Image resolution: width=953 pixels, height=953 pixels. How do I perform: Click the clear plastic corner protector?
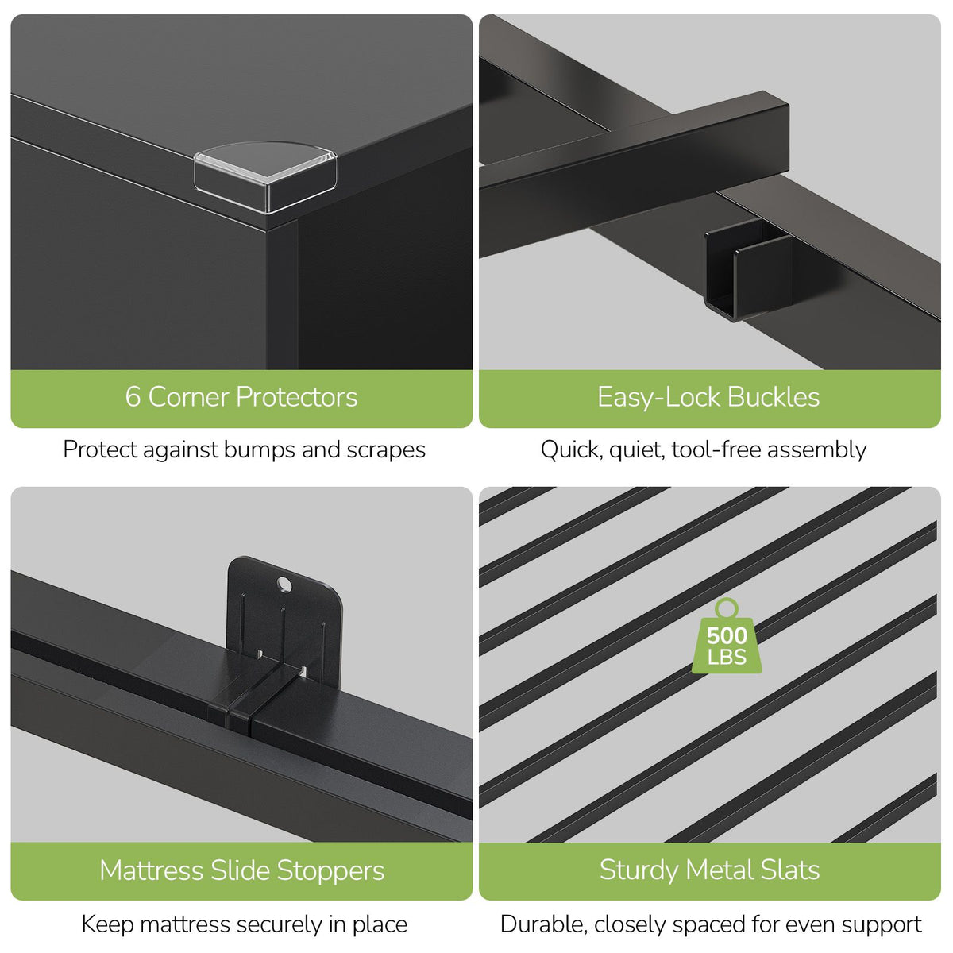click(x=265, y=176)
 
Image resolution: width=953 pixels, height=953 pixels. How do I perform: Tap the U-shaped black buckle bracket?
click(x=748, y=269)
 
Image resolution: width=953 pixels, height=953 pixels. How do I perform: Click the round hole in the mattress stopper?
click(x=284, y=585)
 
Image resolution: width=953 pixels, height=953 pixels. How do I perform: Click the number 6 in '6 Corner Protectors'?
click(x=133, y=397)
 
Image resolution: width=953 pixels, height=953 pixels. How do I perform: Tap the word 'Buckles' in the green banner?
click(x=774, y=397)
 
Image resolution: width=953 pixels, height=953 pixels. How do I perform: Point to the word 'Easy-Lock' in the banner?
click(x=659, y=398)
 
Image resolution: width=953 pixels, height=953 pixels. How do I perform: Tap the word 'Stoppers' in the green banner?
click(x=330, y=871)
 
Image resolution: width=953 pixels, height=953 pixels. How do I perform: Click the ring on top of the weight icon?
click(x=726, y=608)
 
